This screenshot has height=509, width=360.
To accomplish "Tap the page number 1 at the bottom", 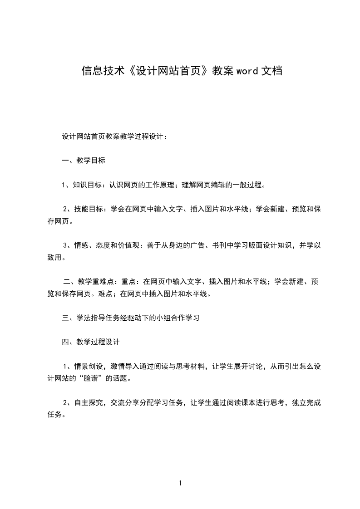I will tap(180, 483).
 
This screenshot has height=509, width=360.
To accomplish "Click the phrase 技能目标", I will tap(89, 209).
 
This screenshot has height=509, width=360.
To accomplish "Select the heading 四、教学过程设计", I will tap(91, 342).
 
